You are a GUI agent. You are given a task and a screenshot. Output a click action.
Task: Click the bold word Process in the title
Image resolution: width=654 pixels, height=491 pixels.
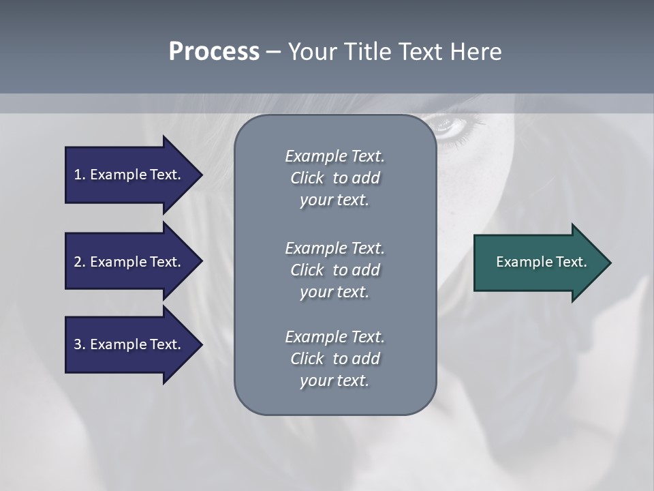pyautogui.click(x=214, y=52)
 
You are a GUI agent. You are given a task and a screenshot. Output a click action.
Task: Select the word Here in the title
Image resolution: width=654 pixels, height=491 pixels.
pyautogui.click(x=476, y=52)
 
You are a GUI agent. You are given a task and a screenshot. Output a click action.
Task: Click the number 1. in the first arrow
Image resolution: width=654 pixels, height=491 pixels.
pyautogui.click(x=79, y=175)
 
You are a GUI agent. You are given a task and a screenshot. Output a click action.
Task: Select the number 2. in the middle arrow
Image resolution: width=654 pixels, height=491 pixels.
pyautogui.click(x=79, y=262)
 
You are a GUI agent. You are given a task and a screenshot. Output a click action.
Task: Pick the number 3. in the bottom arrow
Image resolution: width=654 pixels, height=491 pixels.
pyautogui.click(x=79, y=344)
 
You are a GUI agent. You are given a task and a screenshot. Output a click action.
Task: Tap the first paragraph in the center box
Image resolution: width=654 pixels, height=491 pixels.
pyautogui.click(x=334, y=178)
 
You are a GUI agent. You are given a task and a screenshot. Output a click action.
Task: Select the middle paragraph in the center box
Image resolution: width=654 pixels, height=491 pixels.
pyautogui.click(x=334, y=269)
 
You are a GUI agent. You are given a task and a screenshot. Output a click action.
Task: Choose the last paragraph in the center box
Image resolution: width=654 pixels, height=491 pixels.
pyautogui.click(x=334, y=358)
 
